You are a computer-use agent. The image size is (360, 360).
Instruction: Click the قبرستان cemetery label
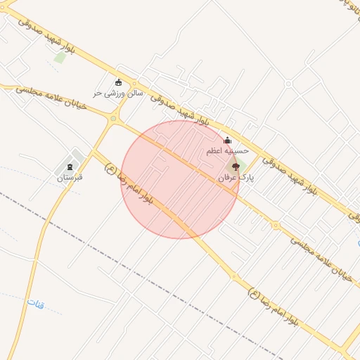pos(70,177)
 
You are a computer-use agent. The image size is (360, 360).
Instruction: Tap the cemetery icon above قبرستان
pos(69,167)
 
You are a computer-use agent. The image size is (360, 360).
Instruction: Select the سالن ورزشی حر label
pos(118,92)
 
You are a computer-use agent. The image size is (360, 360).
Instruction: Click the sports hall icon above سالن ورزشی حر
pos(117,82)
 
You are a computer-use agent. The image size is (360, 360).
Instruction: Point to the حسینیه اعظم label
pos(227,151)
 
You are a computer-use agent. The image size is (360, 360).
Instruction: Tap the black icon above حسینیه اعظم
pos(226,141)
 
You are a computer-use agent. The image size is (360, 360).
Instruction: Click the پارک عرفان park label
pos(236,179)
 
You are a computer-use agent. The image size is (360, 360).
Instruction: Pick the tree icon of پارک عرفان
pos(235,167)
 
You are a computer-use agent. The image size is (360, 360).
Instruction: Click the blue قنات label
pos(36,303)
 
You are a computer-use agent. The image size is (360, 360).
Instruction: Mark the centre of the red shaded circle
pos(180,179)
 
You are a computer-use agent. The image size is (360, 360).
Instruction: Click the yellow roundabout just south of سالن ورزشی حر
pos(112,119)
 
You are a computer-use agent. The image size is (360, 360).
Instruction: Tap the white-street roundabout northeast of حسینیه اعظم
pos(289,83)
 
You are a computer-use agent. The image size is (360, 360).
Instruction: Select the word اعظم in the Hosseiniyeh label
pos(216,151)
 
